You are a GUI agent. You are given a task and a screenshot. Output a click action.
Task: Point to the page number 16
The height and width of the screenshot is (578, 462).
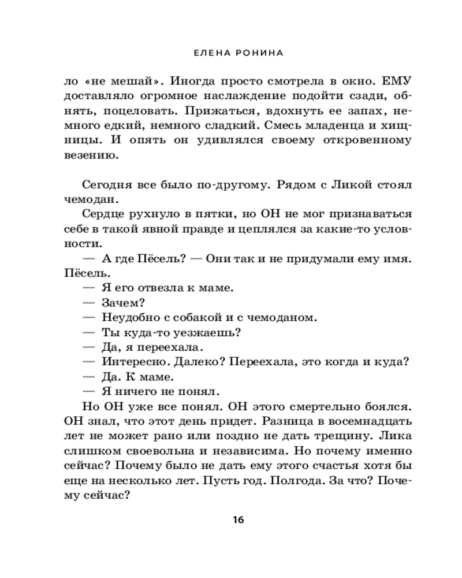point(239,520)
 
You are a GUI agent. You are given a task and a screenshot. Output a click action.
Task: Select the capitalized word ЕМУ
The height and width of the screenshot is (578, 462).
point(396,80)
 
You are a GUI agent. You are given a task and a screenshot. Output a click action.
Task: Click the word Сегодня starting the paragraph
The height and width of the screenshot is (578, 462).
point(106,185)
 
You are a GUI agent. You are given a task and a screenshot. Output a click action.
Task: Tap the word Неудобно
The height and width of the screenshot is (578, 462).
point(131,317)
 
